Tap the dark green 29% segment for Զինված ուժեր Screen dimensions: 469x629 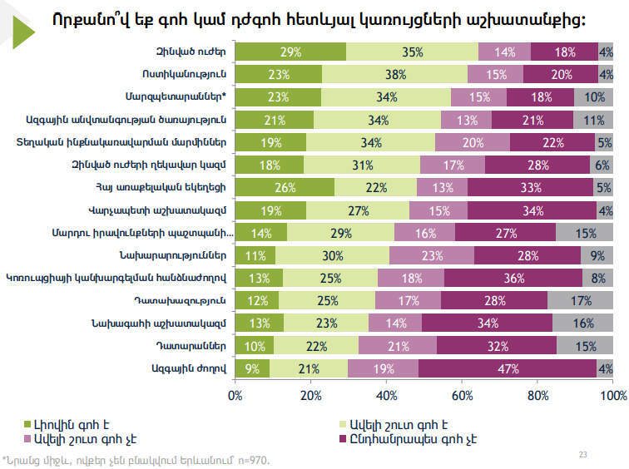[x=290, y=52]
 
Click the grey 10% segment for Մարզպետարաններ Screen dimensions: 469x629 [x=595, y=96]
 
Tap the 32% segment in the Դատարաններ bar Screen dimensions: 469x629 [x=497, y=344]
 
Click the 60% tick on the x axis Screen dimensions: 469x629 [x=463, y=392]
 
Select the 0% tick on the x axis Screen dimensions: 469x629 [x=235, y=392]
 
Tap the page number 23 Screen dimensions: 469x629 [x=582, y=455]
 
